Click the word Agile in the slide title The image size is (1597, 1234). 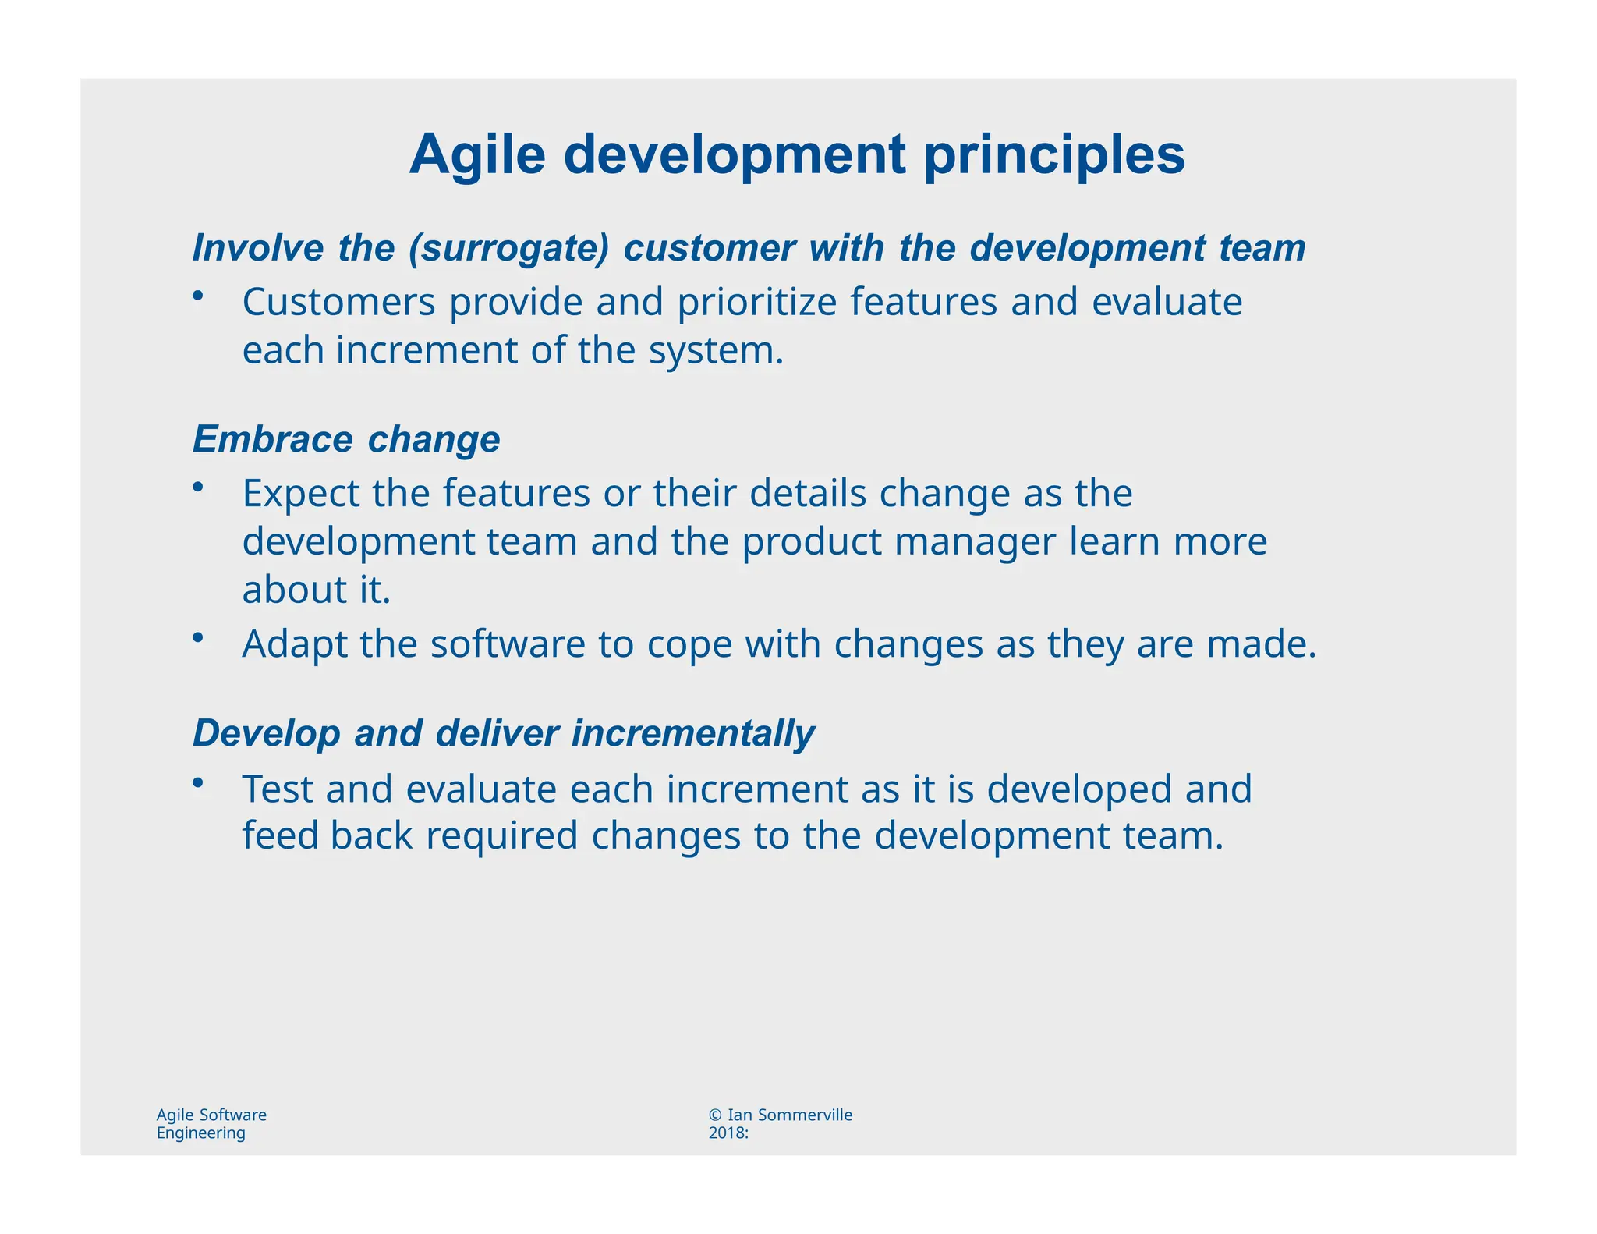click(x=477, y=155)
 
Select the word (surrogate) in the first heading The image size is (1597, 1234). click(x=508, y=248)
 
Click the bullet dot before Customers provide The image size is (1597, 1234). click(x=199, y=295)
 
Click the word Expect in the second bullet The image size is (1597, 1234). click(x=301, y=494)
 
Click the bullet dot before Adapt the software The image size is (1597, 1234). click(x=199, y=637)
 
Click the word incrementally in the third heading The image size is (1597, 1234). click(x=692, y=734)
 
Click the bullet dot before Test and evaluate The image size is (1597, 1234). click(x=199, y=782)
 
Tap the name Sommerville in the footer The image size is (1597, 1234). click(x=805, y=1115)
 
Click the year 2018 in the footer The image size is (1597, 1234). click(x=726, y=1133)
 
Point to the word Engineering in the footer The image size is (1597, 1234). click(x=200, y=1133)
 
